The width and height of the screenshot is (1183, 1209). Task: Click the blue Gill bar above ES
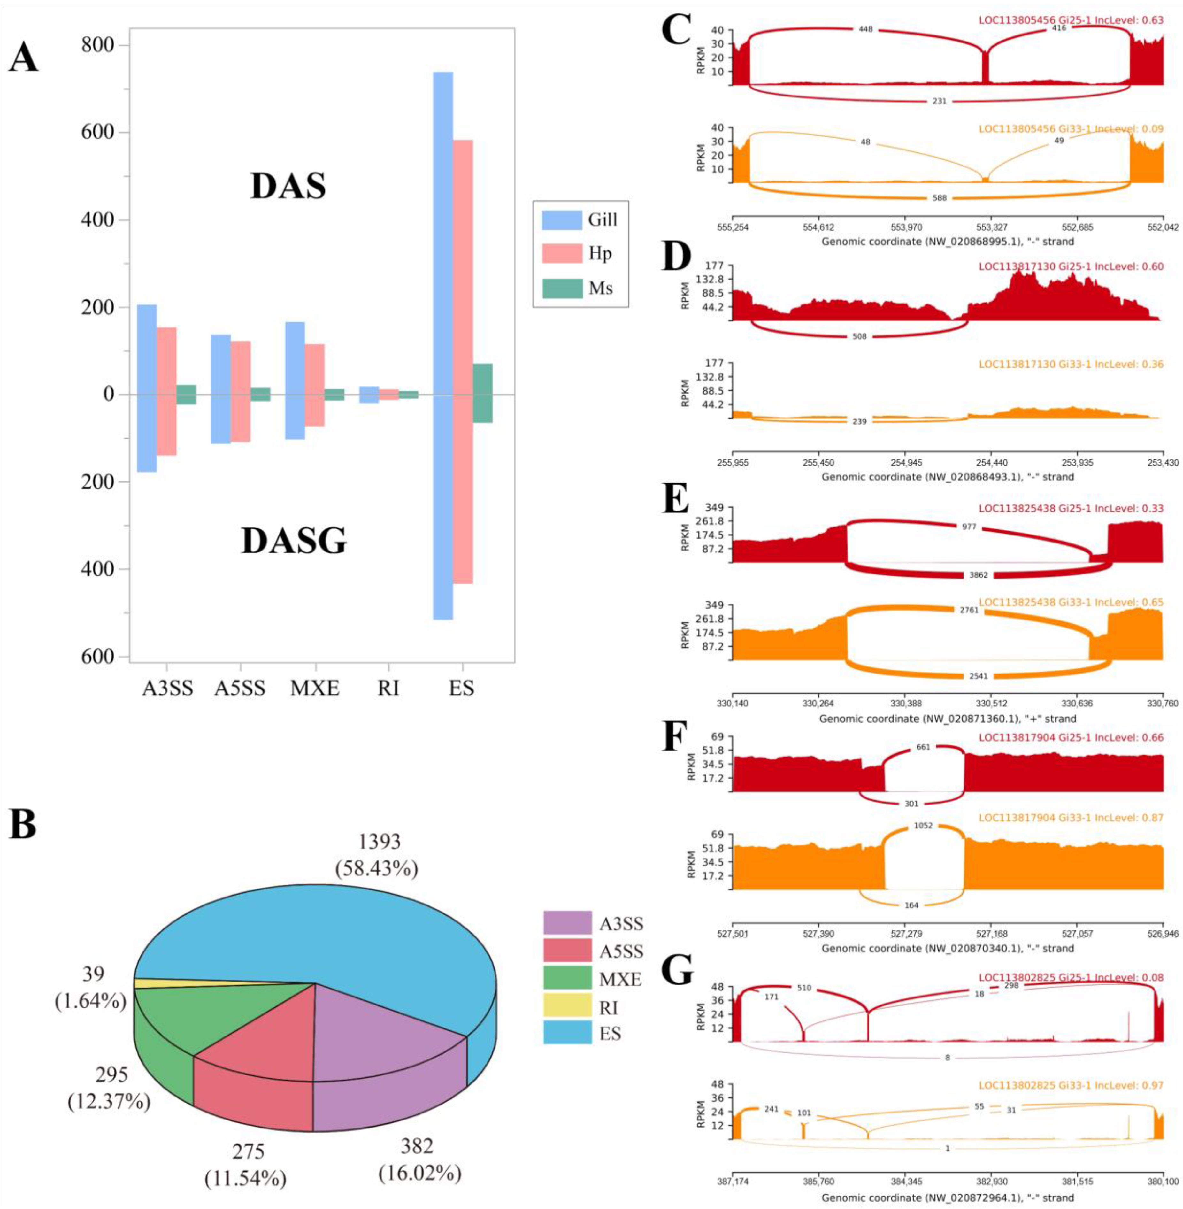point(443,233)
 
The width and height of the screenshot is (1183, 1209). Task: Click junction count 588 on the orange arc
point(940,198)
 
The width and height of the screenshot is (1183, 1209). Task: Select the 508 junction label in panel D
point(860,337)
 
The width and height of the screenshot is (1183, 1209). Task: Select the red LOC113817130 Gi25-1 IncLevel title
point(1071,266)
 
